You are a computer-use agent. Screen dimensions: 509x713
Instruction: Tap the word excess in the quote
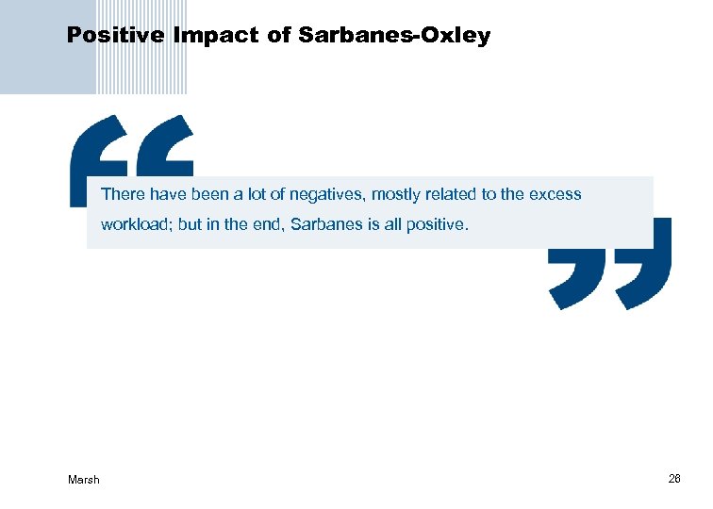(555, 195)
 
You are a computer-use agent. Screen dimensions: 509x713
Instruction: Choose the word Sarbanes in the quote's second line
(321, 226)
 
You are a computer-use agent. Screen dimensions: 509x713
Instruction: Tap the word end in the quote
(266, 226)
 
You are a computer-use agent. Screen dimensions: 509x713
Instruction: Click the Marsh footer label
(84, 480)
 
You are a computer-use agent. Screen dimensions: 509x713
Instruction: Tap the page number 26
(674, 479)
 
